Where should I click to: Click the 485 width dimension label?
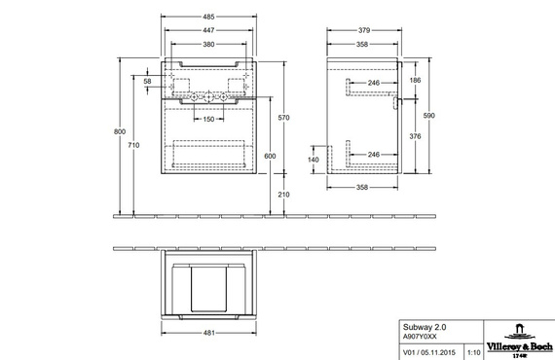pyautogui.click(x=208, y=17)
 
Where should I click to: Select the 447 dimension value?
pyautogui.click(x=208, y=30)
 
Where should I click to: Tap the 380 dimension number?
pyautogui.click(x=208, y=44)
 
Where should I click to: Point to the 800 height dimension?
pyautogui.click(x=120, y=131)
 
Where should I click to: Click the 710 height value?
pyautogui.click(x=133, y=145)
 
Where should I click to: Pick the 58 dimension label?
pyautogui.click(x=147, y=82)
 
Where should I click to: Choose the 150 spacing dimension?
pyautogui.click(x=208, y=119)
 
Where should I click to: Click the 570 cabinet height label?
pyautogui.click(x=284, y=118)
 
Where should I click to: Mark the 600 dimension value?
pyautogui.click(x=270, y=156)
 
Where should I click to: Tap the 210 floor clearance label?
pyautogui.click(x=284, y=195)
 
